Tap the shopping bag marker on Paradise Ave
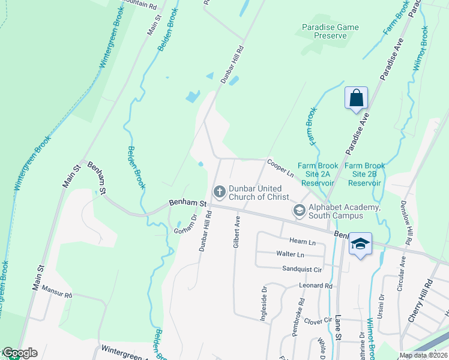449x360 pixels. click(356, 98)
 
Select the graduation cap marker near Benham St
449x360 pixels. click(360, 244)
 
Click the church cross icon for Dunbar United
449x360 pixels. click(220, 192)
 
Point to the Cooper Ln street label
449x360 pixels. click(280, 167)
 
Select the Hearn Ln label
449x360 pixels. click(303, 241)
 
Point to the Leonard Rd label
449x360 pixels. click(316, 286)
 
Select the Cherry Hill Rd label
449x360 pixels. click(420, 301)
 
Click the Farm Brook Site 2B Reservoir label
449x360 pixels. click(365, 174)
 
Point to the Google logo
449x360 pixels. click(20, 353)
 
